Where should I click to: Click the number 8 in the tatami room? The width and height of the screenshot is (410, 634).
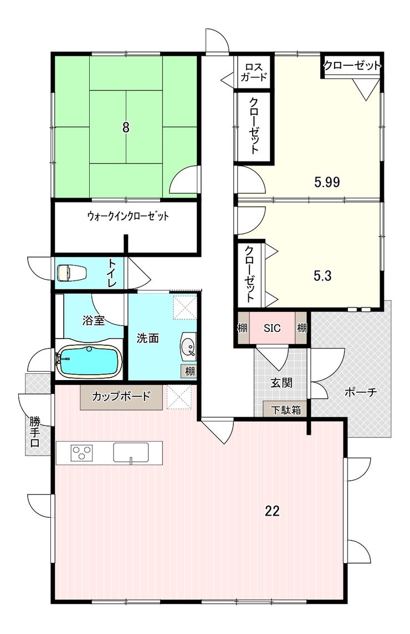click(126, 128)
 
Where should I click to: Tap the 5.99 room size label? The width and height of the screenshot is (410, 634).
click(327, 182)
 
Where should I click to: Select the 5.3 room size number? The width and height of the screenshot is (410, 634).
click(322, 276)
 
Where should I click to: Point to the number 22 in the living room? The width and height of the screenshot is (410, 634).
click(272, 511)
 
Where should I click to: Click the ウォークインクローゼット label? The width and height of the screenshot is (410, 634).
click(128, 216)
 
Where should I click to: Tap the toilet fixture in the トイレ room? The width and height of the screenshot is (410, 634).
click(72, 273)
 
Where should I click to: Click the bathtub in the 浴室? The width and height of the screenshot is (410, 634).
click(89, 360)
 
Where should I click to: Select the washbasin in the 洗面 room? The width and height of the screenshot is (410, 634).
click(188, 346)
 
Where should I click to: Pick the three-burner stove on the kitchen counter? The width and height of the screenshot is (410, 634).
click(82, 452)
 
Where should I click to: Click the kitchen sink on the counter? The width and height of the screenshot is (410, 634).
click(130, 453)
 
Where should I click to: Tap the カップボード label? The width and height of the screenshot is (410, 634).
click(121, 396)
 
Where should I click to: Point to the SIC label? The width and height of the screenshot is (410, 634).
click(272, 328)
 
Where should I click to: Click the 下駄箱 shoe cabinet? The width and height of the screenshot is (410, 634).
click(286, 409)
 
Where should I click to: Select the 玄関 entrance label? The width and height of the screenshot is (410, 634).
click(281, 382)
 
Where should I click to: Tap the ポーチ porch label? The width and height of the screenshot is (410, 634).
click(361, 392)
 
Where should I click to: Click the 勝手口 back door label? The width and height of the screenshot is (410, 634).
click(35, 432)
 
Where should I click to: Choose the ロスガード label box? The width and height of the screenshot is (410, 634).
click(254, 72)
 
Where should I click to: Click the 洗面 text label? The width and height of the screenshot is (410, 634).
click(147, 338)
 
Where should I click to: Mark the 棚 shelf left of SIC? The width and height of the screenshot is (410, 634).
click(242, 328)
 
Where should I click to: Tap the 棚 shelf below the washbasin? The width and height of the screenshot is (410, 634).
click(189, 371)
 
